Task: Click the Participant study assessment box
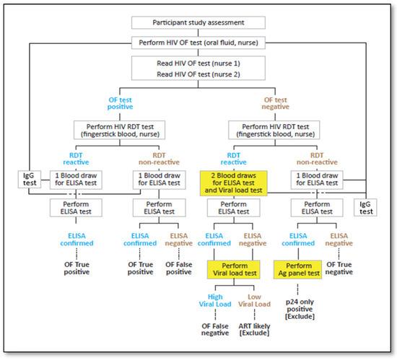pyautogui.click(x=199, y=23)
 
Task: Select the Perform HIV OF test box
pyautogui.click(x=199, y=43)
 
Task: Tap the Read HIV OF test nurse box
pyautogui.click(x=199, y=69)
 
